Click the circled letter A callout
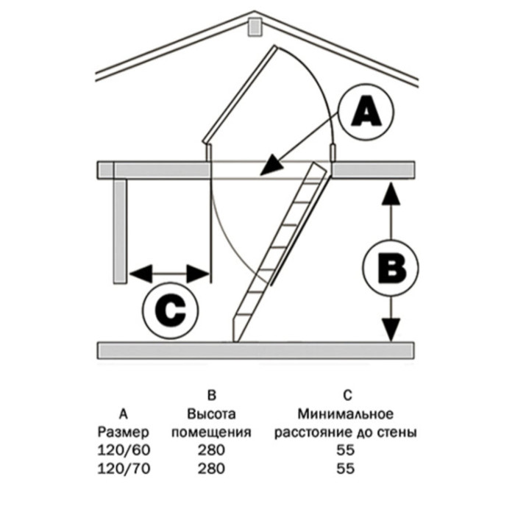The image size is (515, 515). point(366,112)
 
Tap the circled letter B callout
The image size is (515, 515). point(391,267)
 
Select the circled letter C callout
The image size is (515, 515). point(171,310)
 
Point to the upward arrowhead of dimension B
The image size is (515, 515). point(391,193)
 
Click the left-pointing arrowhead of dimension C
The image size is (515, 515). point(141,273)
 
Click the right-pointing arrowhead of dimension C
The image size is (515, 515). point(198,273)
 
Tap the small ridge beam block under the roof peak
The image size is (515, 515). point(255,27)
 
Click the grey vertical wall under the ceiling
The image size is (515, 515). point(120,231)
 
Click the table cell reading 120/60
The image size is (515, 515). point(124,450)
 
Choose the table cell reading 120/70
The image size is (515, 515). point(124,469)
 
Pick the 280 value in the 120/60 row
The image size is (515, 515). point(212,450)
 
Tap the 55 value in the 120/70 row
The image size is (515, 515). point(346,469)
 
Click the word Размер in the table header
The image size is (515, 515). point(123,433)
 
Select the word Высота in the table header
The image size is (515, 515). point(212,414)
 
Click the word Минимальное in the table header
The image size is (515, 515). point(346,414)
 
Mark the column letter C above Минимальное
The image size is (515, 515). point(347,396)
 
